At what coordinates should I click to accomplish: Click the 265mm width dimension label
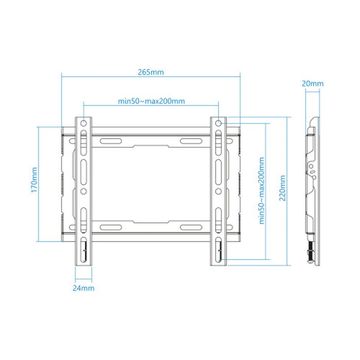point(151,72)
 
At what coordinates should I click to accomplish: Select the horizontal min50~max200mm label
point(151,101)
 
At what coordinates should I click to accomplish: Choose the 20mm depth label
point(312,84)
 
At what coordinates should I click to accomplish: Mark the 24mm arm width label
point(83,288)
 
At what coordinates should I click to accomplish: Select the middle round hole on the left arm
point(83,191)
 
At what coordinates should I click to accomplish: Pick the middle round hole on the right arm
point(218,191)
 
